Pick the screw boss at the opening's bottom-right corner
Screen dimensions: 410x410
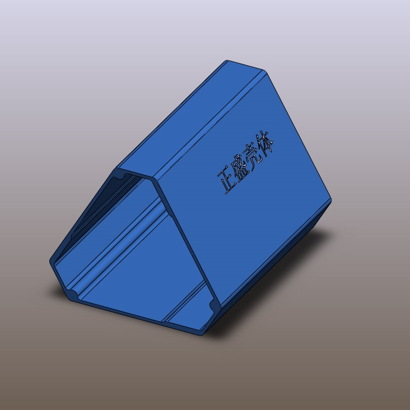pos(213,305)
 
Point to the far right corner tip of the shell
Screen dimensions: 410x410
pos(330,199)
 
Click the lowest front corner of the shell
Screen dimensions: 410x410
pos(200,334)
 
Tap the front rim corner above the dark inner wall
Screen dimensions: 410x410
pos(116,167)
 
